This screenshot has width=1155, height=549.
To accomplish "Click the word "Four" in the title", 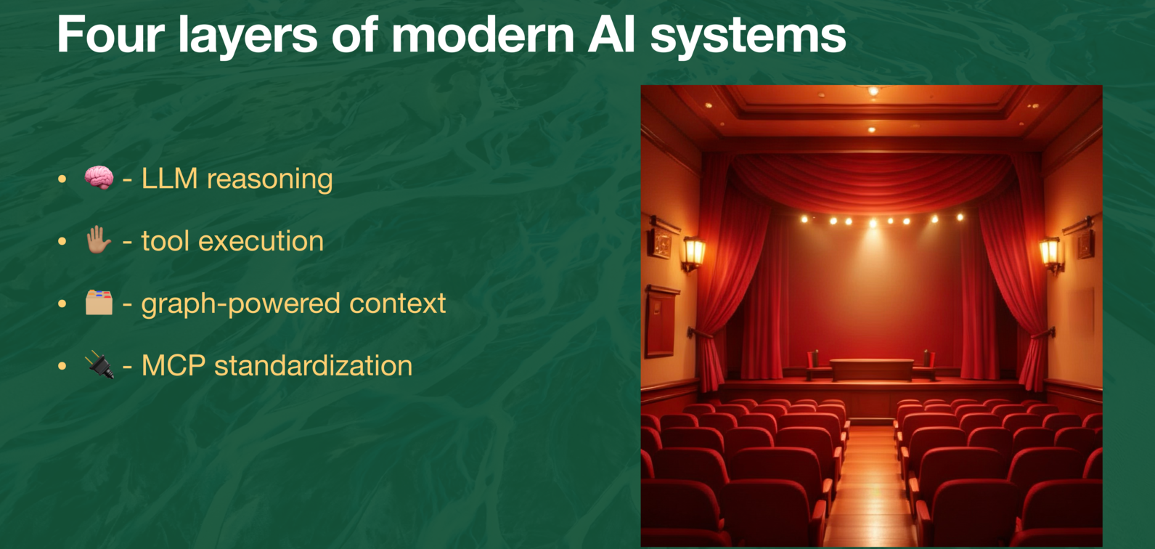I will [x=110, y=34].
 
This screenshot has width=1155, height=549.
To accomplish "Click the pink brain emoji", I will [x=99, y=178].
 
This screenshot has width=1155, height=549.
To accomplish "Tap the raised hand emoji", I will [x=99, y=240].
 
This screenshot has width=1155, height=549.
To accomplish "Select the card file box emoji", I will [x=99, y=303].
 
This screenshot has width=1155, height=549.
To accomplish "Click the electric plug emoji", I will [x=99, y=365].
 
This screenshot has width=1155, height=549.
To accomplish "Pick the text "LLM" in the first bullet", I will [x=169, y=179].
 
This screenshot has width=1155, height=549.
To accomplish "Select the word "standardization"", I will [x=313, y=365].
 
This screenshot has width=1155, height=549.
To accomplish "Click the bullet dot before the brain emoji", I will [x=62, y=179].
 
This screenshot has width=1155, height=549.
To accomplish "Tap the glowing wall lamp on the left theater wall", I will [x=693, y=253].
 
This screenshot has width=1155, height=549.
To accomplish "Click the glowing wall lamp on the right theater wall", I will [x=1050, y=253].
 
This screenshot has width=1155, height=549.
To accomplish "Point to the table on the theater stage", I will [x=871, y=368].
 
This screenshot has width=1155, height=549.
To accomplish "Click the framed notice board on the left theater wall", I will [x=660, y=320].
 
